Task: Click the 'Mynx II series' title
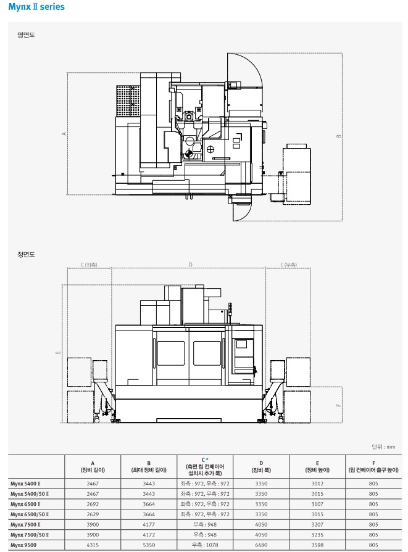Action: pyautogui.click(x=36, y=7)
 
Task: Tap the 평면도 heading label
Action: pyautogui.click(x=26, y=35)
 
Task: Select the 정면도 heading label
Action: pyautogui.click(x=26, y=254)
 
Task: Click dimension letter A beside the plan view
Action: pyautogui.click(x=64, y=134)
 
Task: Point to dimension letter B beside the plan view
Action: pyautogui.click(x=339, y=136)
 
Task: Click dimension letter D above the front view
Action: pyautogui.click(x=191, y=265)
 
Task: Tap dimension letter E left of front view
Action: pyautogui.click(x=59, y=352)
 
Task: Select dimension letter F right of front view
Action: pyautogui.click(x=339, y=405)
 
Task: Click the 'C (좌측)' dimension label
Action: pyautogui.click(x=89, y=265)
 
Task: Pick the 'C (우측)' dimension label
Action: pyautogui.click(x=288, y=265)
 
